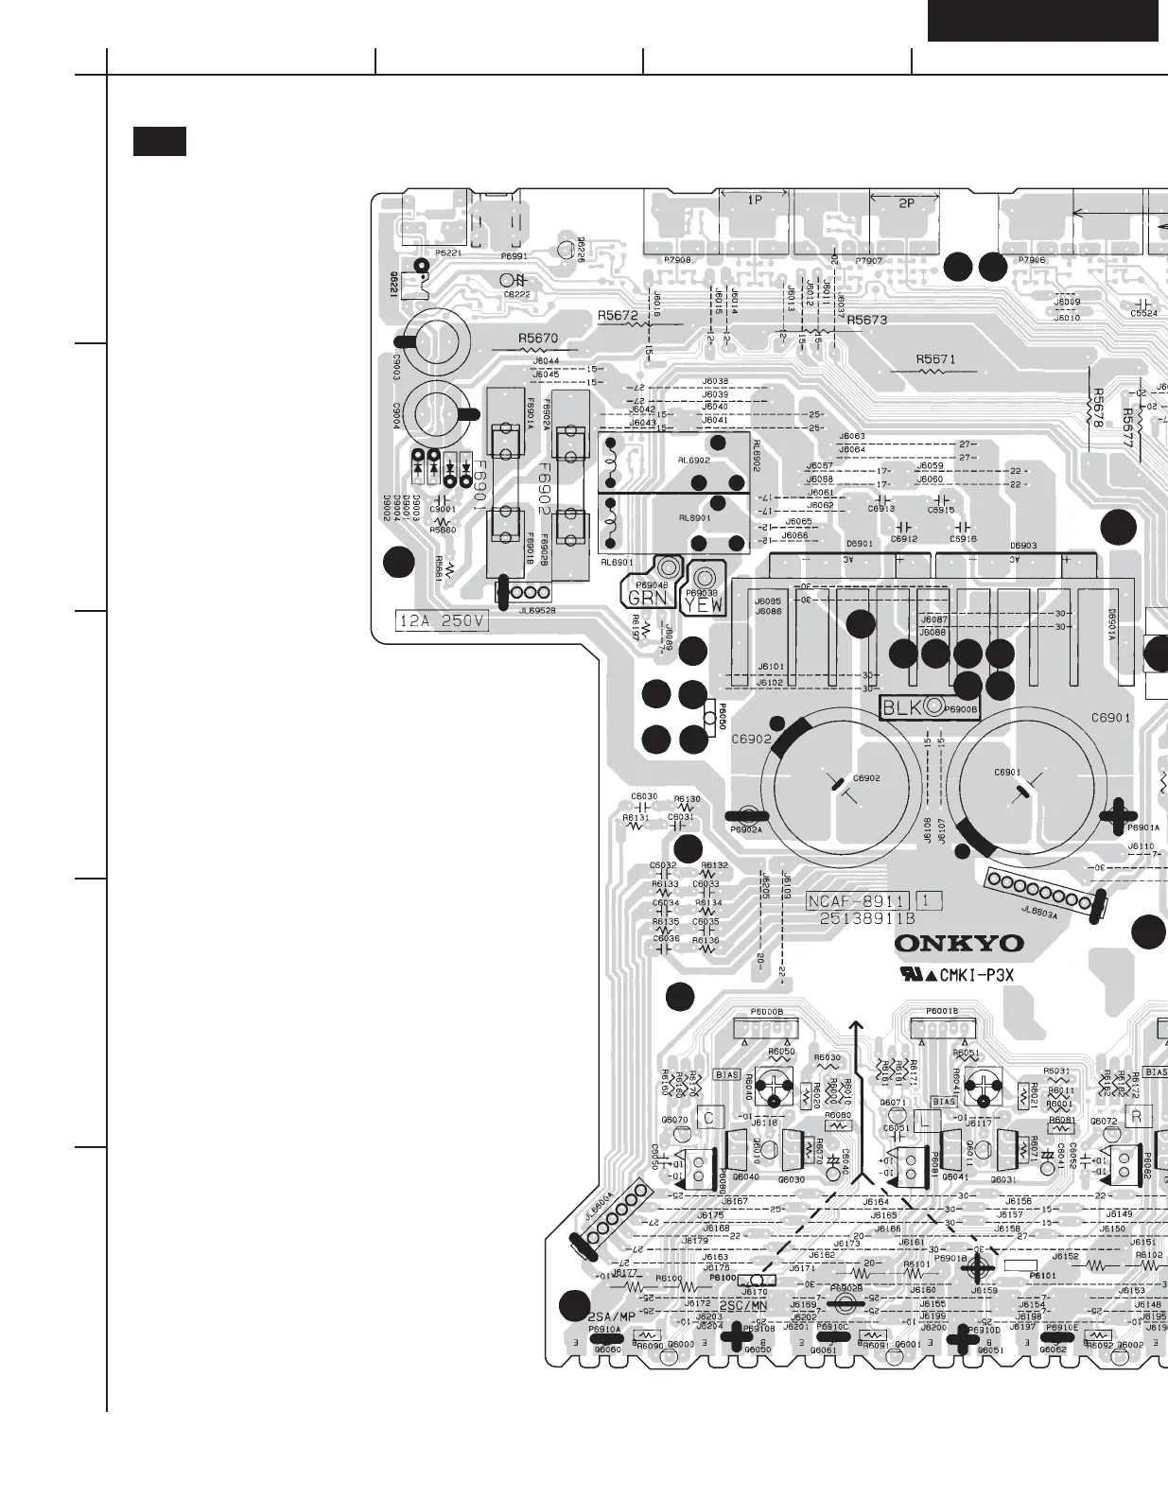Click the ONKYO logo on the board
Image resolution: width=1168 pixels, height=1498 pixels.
(959, 943)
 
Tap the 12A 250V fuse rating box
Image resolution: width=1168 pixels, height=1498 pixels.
(442, 621)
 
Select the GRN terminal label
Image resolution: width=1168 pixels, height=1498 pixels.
(648, 598)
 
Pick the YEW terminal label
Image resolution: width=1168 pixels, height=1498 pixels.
(705, 603)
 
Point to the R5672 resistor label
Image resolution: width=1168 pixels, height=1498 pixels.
(617, 316)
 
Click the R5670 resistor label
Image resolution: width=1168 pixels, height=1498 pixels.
(538, 338)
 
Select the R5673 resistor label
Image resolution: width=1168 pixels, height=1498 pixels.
(866, 321)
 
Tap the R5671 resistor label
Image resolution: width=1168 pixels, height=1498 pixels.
(935, 359)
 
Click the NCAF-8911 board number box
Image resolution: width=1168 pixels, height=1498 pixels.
(858, 901)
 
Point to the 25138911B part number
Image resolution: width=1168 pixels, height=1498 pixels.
(866, 918)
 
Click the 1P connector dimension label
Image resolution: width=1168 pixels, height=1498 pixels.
(755, 200)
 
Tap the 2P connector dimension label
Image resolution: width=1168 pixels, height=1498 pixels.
(906, 203)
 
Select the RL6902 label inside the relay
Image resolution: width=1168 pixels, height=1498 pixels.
(693, 460)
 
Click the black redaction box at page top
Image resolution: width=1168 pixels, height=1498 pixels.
(1042, 20)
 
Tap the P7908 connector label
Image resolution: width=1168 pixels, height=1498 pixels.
(677, 260)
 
